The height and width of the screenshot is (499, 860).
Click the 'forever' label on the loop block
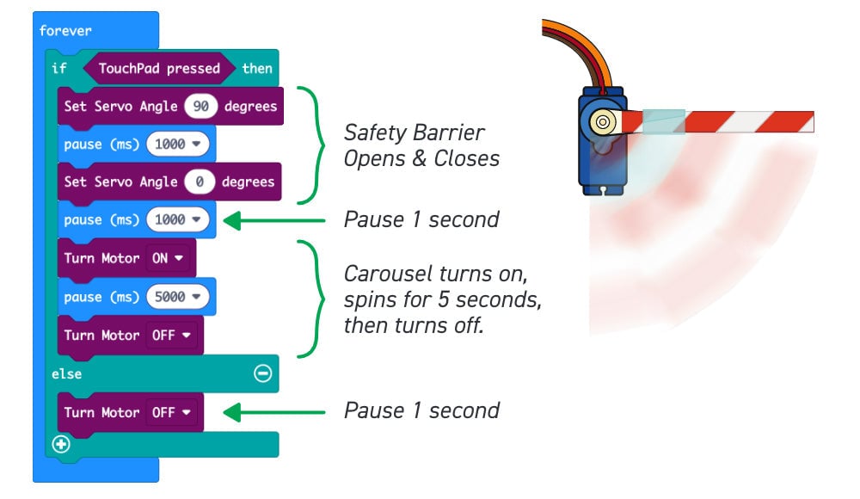tap(65, 31)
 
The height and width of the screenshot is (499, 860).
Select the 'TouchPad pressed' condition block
tap(159, 68)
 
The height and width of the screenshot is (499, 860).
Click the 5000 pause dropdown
tap(177, 297)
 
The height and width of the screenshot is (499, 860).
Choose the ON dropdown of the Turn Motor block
tap(167, 258)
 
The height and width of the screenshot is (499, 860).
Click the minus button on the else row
tap(263, 373)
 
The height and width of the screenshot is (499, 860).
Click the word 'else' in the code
tap(66, 373)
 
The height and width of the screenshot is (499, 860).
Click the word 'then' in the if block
tap(256, 68)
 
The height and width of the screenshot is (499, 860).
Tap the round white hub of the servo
tap(602, 122)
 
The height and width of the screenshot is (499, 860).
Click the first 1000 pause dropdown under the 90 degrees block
tap(177, 144)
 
